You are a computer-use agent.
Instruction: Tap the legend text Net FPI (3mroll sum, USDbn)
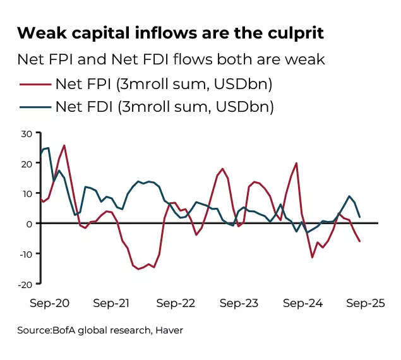164,83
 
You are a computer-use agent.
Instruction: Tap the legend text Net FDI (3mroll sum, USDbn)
164,107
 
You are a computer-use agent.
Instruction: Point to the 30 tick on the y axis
26,133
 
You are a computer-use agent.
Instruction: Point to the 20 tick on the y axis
26,164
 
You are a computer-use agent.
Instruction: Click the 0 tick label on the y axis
29,224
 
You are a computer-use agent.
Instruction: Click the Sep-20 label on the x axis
50,303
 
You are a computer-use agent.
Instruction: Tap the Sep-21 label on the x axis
112,303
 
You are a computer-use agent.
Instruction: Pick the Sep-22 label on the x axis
176,303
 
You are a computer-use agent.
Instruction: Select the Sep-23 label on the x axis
239,303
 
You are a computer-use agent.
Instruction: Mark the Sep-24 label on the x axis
302,303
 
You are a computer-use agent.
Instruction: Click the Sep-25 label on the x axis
365,303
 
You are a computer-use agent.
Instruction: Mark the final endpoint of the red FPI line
360,241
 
